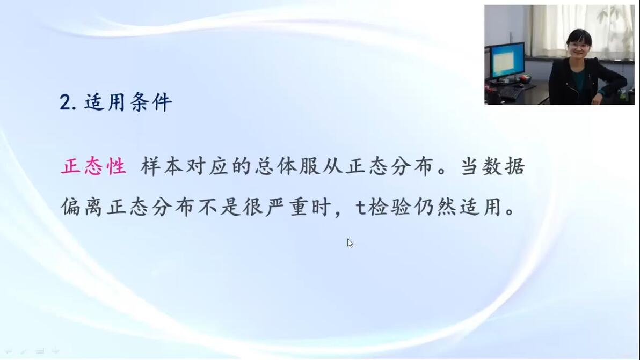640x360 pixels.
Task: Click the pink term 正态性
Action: pyautogui.click(x=93, y=166)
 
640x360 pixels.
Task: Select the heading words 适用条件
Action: pyautogui.click(x=128, y=102)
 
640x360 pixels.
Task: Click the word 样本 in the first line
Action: pyautogui.click(x=162, y=166)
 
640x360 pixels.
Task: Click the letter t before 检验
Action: pyautogui.click(x=360, y=208)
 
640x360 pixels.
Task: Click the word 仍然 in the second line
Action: pyautogui.click(x=435, y=207)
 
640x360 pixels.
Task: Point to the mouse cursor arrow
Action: pyautogui.click(x=350, y=243)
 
